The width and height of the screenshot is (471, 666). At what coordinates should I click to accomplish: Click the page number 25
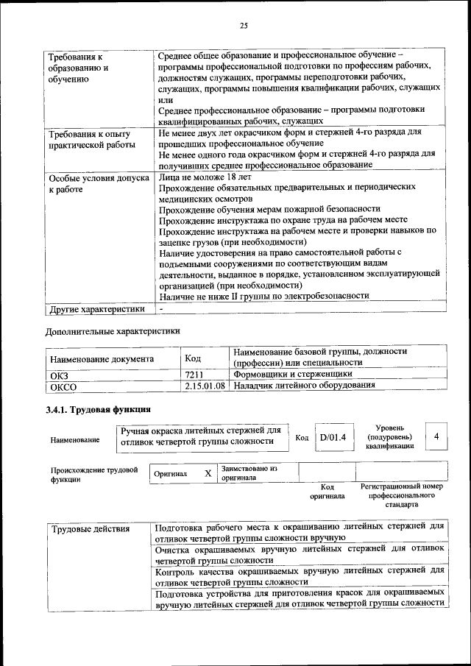(244, 26)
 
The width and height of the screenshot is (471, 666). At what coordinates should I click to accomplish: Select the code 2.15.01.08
(205, 386)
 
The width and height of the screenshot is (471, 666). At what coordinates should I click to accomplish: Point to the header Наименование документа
(102, 359)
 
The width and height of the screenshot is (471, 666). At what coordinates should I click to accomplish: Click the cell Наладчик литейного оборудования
(300, 386)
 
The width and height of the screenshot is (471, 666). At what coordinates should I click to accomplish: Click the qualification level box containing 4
(436, 436)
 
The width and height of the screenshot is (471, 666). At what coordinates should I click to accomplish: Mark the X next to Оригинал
(208, 473)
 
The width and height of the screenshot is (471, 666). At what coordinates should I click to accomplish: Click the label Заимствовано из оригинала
(249, 472)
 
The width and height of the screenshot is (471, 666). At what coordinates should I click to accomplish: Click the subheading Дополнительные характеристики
(113, 331)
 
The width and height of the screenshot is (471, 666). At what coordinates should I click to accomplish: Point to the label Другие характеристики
(96, 308)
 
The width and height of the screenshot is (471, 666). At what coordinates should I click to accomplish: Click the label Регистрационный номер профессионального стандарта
(401, 495)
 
